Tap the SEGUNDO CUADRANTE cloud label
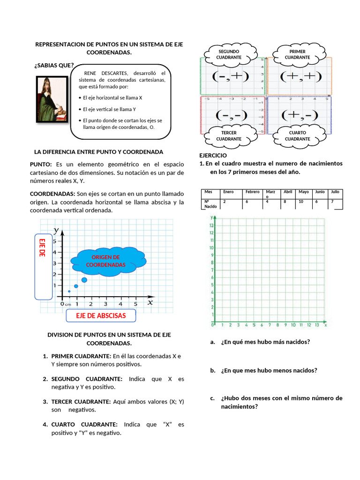(x=229, y=54)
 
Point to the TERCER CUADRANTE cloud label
(x=229, y=136)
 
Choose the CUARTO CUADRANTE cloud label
(x=297, y=136)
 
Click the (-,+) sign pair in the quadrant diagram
(x=230, y=76)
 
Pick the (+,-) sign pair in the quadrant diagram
(x=299, y=115)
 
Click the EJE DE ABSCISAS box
(x=101, y=316)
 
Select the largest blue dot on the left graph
(x=84, y=280)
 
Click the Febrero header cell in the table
(x=252, y=192)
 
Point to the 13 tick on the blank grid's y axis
(x=211, y=225)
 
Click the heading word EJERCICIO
(x=213, y=155)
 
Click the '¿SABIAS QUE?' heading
(x=53, y=65)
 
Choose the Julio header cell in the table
(x=335, y=192)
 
